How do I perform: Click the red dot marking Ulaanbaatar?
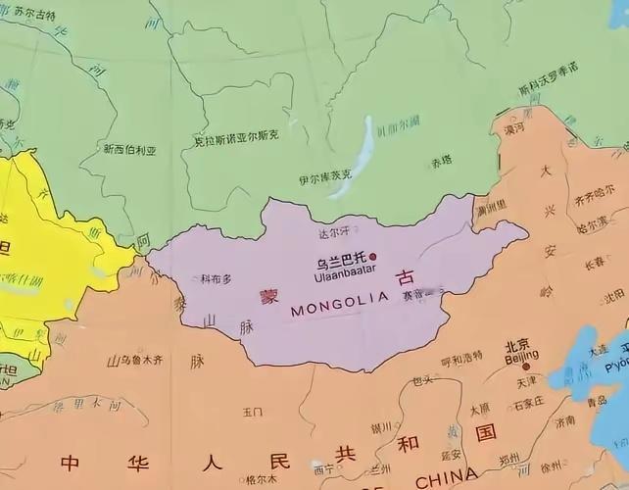pyautogui.click(x=372, y=256)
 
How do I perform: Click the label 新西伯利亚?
pyautogui.click(x=130, y=149)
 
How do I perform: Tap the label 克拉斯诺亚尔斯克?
pyautogui.click(x=236, y=139)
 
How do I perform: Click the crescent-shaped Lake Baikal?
pyautogui.click(x=362, y=152)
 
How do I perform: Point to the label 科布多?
pyautogui.click(x=216, y=278)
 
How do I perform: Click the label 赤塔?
pyautogui.click(x=441, y=160)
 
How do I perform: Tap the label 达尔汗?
pyautogui.click(x=333, y=233)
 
